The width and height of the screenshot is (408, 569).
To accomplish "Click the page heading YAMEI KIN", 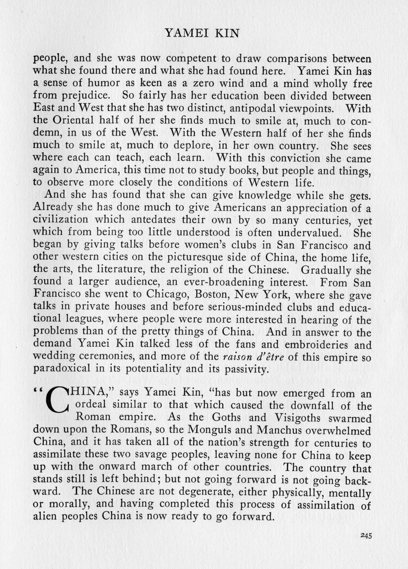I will coord(201,33).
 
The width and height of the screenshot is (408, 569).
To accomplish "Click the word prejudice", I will coord(83,96).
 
